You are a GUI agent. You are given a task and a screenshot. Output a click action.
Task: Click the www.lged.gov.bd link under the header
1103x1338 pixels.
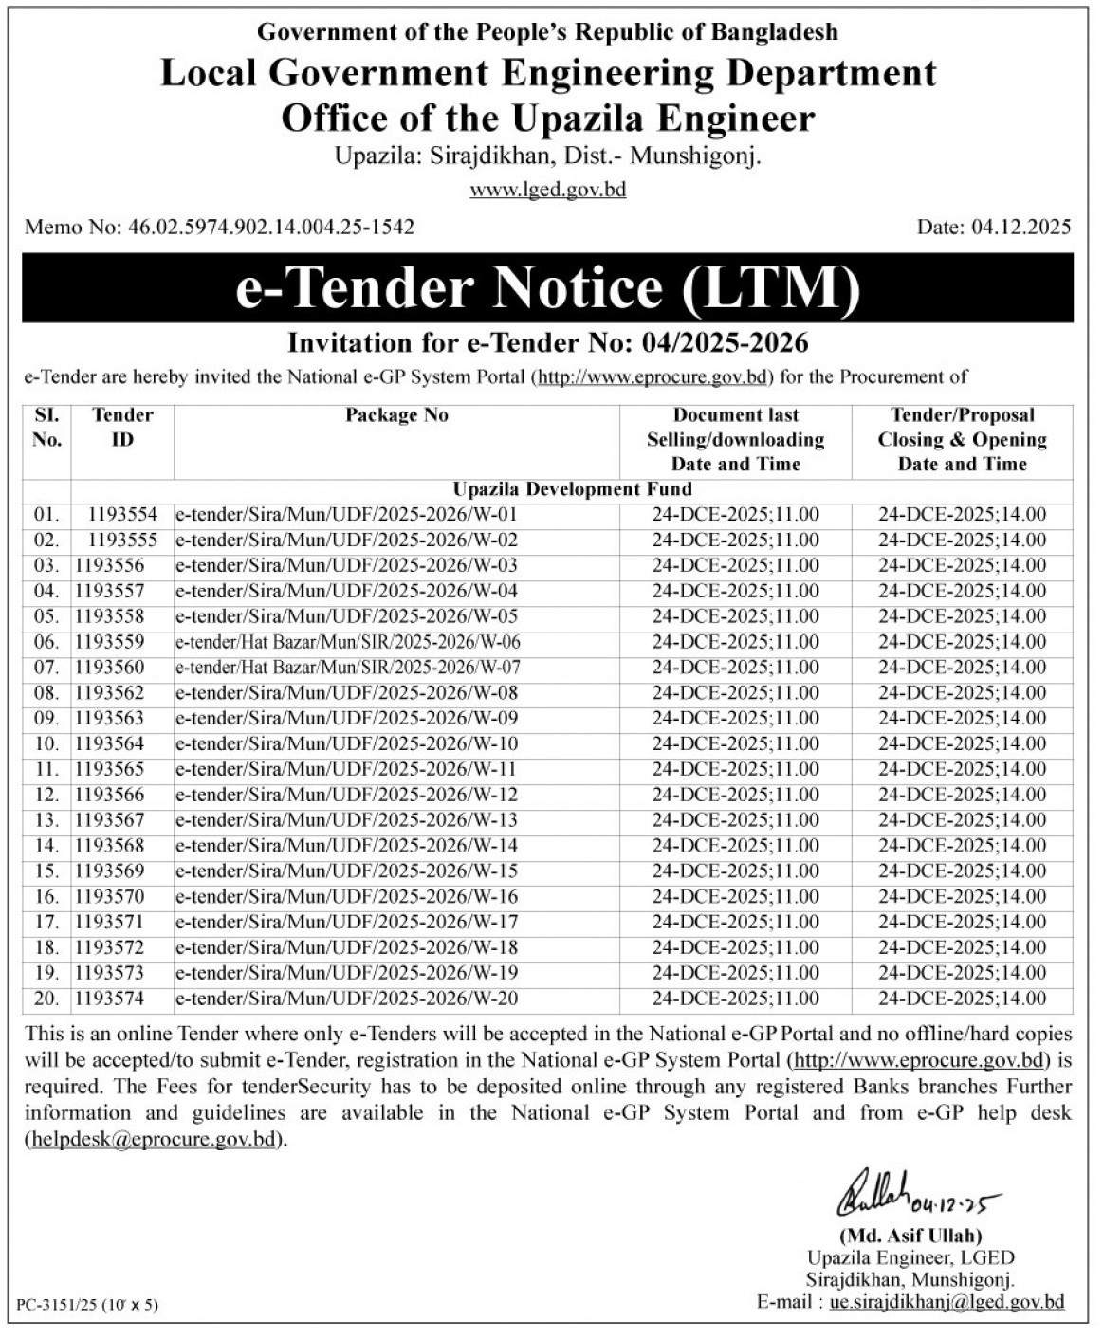coord(548,190)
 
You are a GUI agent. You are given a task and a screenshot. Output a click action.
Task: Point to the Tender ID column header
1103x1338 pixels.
coord(122,427)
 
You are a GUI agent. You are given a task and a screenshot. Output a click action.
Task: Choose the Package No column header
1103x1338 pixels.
coord(396,415)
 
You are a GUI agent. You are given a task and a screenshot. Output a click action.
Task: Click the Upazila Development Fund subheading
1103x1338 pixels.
coord(572,489)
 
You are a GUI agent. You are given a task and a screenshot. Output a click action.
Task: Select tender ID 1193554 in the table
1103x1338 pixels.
coord(123,515)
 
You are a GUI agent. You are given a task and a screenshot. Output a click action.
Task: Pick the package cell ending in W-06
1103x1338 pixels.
coord(347,642)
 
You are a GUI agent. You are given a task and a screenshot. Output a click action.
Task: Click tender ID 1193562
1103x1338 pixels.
coord(110,693)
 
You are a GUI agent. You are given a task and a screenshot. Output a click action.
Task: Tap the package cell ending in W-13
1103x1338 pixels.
coord(347,820)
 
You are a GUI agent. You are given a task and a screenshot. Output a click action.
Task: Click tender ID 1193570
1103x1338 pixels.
coord(110,896)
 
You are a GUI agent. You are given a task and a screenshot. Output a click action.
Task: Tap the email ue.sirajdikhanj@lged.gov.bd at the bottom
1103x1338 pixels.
coord(947,1302)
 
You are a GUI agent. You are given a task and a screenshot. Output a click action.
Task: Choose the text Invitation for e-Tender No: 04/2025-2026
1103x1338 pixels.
coord(547,341)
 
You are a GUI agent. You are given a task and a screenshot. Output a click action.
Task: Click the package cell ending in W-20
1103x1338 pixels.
coord(347,998)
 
